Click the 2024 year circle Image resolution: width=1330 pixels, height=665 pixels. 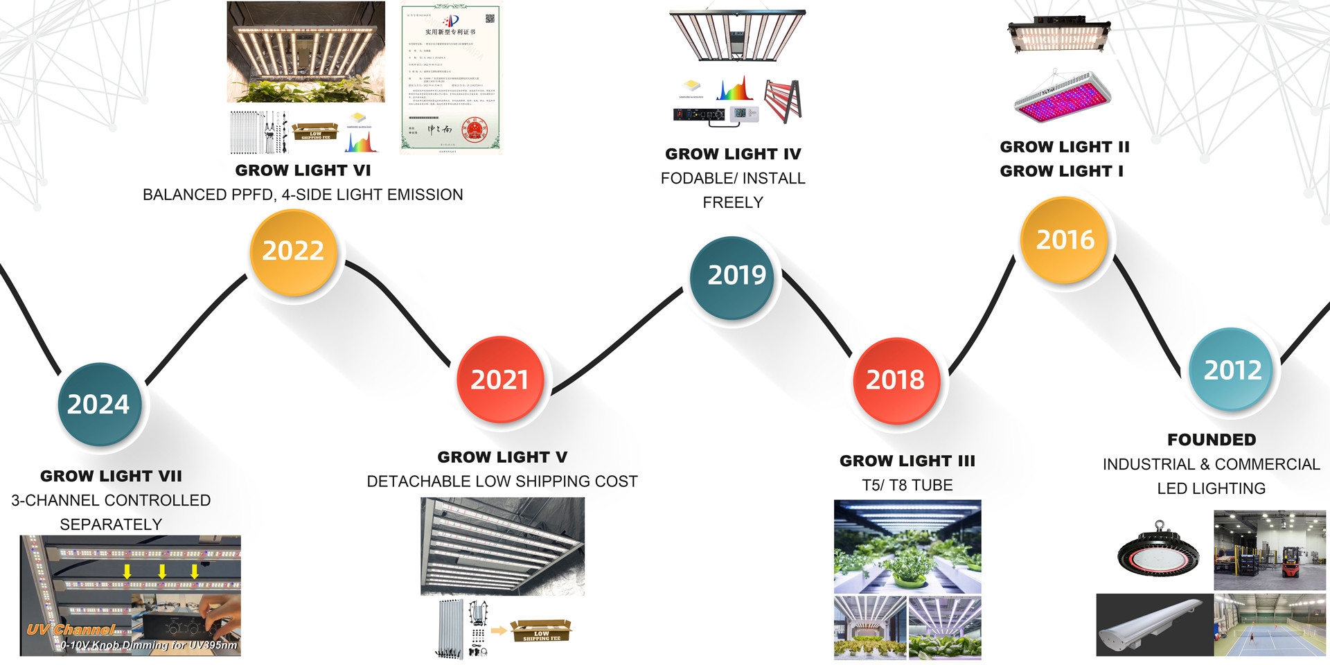(x=99, y=404)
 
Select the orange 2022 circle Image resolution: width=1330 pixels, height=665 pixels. (x=293, y=251)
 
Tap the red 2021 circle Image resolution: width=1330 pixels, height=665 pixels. (x=499, y=380)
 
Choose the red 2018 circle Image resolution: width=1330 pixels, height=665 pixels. (x=895, y=380)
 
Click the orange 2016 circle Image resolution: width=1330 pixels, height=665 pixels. (x=1065, y=240)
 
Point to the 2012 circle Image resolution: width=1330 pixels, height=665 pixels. (x=1232, y=369)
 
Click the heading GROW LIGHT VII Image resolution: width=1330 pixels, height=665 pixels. (x=111, y=476)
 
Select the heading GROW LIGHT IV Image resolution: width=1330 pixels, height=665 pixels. (x=733, y=154)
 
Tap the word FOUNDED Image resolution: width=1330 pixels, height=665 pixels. (x=1211, y=440)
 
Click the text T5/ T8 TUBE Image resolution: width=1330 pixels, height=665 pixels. (x=907, y=485)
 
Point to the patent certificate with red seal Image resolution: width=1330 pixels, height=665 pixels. (x=450, y=78)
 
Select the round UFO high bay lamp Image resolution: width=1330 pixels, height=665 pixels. (x=1158, y=551)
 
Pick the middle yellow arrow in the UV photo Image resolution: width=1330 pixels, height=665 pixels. (x=161, y=571)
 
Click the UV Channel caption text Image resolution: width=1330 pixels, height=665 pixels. (x=71, y=630)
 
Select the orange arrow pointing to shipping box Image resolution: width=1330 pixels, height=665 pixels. (x=498, y=631)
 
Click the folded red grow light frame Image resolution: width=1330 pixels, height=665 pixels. (x=784, y=100)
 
